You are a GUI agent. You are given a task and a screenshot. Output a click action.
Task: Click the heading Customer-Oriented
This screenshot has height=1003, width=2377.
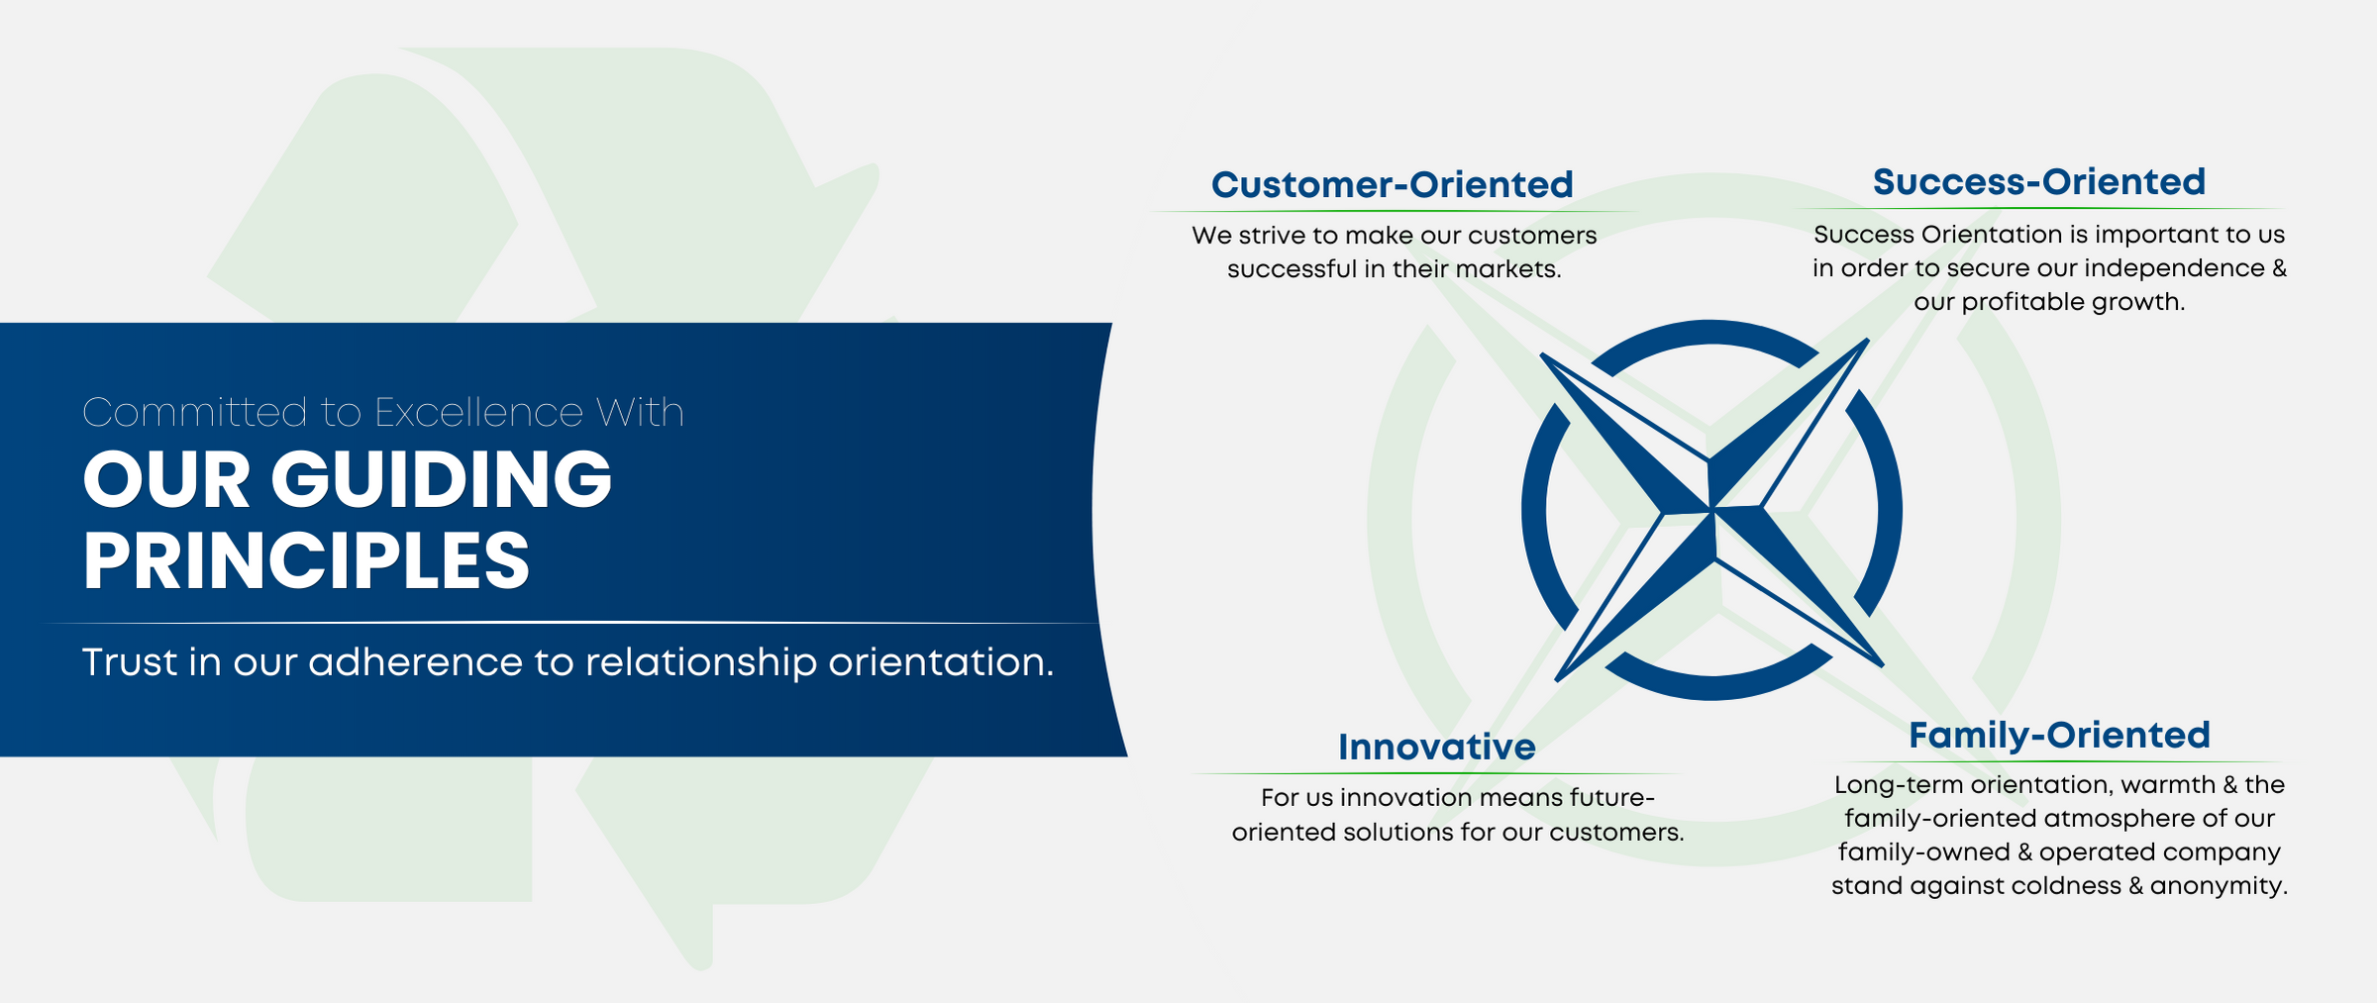click(1392, 185)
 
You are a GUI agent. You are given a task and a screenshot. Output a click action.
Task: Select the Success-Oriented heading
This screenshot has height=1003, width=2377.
click(2039, 182)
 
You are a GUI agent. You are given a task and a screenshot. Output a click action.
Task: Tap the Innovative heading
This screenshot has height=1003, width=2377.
click(1437, 748)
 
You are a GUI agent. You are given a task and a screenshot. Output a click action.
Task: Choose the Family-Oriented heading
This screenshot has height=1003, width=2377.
click(2059, 736)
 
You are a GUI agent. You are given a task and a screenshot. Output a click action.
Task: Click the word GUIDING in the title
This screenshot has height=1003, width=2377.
click(442, 479)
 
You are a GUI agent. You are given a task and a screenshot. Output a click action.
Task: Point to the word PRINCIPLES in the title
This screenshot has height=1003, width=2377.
click(307, 560)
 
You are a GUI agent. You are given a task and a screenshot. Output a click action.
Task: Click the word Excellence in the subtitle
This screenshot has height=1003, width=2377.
click(478, 412)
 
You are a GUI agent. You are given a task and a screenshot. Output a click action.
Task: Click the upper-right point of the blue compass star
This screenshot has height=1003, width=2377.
click(1868, 340)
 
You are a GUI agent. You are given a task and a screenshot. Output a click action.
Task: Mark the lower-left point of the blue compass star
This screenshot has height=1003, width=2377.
click(1556, 680)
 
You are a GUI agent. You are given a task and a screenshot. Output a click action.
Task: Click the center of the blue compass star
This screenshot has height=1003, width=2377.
click(1711, 511)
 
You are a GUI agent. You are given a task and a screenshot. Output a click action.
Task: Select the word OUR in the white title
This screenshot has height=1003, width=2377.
click(166, 479)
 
